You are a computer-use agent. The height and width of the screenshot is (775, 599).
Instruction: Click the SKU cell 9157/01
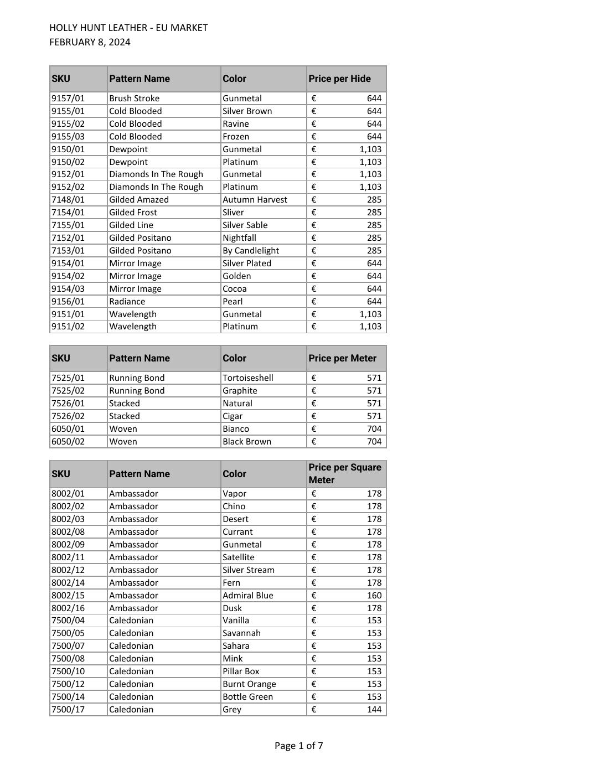click(x=68, y=99)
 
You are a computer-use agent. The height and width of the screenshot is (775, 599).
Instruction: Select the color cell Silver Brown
click(x=247, y=111)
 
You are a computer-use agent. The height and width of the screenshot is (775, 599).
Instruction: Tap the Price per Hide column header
click(x=339, y=79)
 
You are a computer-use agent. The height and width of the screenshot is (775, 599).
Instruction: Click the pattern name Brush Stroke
click(x=134, y=99)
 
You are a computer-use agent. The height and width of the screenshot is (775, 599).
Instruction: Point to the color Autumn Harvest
click(x=255, y=200)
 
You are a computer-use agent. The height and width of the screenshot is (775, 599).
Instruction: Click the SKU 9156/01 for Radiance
click(x=68, y=302)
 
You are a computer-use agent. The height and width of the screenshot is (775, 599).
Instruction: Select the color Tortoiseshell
click(x=247, y=378)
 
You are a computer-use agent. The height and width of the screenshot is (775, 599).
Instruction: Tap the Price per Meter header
click(x=342, y=358)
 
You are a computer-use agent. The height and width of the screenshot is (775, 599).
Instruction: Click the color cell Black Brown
click(x=247, y=442)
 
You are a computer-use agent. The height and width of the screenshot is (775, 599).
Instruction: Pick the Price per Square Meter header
click(x=344, y=474)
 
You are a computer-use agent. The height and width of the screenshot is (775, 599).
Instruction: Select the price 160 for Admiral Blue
click(x=374, y=596)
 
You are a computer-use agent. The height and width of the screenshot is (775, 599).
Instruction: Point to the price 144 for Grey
click(x=374, y=710)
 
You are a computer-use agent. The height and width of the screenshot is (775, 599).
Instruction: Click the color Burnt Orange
click(x=249, y=684)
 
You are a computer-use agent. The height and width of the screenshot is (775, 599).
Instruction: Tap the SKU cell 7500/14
click(x=68, y=697)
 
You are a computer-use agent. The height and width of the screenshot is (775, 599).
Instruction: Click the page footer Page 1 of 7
click(x=299, y=746)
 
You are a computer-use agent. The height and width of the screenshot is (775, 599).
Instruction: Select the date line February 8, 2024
click(x=90, y=43)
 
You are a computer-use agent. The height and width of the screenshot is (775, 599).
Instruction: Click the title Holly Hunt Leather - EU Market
click(x=128, y=28)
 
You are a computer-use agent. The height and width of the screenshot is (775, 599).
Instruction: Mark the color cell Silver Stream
click(x=248, y=570)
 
